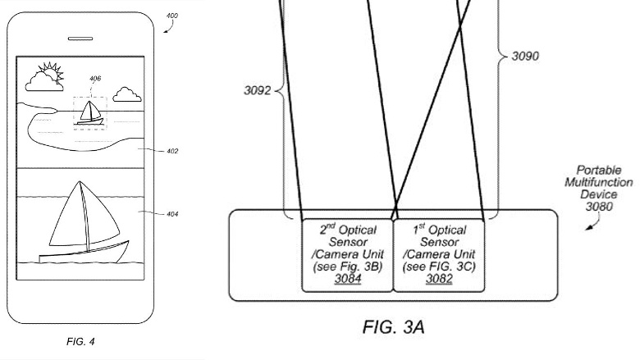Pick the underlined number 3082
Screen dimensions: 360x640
pyautogui.click(x=438, y=279)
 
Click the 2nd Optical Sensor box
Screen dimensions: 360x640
pyautogui.click(x=348, y=254)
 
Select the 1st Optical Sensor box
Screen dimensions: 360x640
pyautogui.click(x=439, y=254)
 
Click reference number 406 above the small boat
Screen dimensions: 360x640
pyautogui.click(x=95, y=80)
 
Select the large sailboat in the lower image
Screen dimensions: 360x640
pyautogui.click(x=83, y=221)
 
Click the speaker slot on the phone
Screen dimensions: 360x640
pyautogui.click(x=80, y=38)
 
